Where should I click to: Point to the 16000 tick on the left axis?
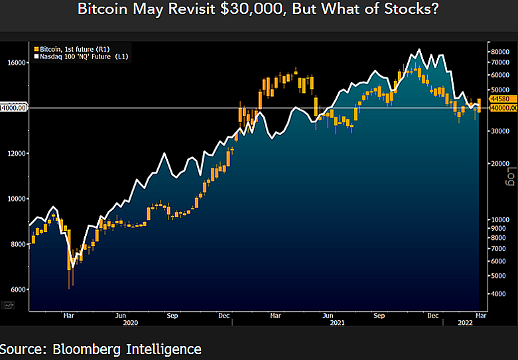(x=16, y=62)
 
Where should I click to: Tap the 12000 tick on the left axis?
(x=16, y=153)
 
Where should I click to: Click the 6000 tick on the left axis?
(x=16, y=290)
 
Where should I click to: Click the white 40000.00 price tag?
(x=503, y=107)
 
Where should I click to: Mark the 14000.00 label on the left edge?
(x=13, y=107)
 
